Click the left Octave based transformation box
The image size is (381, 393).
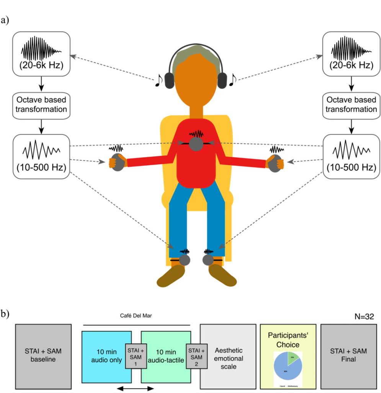(x=41, y=104)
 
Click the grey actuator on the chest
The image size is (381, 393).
(x=196, y=144)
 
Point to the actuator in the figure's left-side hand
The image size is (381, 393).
(x=117, y=161)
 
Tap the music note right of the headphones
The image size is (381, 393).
(x=232, y=79)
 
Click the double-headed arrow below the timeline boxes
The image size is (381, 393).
(x=135, y=389)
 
